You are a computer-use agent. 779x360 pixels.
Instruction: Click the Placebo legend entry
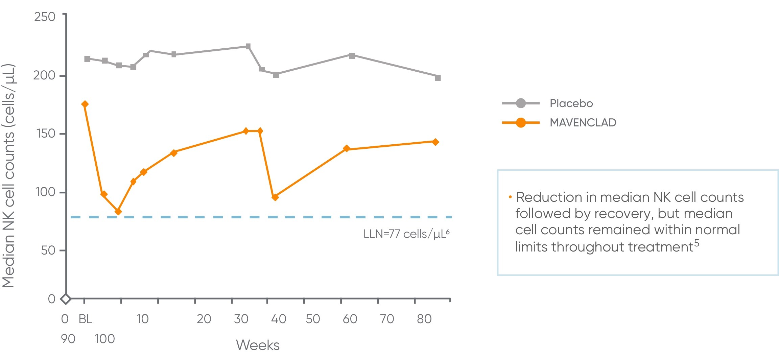[x=571, y=103]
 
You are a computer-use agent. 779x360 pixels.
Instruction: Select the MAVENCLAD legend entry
[x=583, y=122]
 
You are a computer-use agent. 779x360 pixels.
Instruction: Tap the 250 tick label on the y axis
[x=45, y=17]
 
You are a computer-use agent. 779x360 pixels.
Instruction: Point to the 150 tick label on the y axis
[x=46, y=134]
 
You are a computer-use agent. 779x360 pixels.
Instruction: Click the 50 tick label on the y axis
[x=48, y=250]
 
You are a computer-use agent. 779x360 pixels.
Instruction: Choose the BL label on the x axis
[x=85, y=319]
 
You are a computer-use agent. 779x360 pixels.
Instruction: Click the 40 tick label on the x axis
[x=279, y=319]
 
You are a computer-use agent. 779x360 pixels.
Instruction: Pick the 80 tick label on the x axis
[x=424, y=319]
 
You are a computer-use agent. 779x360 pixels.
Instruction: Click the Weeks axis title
[x=258, y=345]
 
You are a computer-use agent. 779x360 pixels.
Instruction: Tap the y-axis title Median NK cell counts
[x=8, y=176]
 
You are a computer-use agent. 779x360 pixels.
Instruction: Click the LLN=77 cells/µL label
[x=406, y=234]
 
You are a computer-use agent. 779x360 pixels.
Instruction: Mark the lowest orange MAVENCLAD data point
[x=118, y=212]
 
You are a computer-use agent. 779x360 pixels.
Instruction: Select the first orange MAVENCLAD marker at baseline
[x=85, y=104]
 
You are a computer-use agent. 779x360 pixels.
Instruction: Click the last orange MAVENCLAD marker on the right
[x=435, y=142]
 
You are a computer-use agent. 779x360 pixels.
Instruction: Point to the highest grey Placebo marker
[x=248, y=46]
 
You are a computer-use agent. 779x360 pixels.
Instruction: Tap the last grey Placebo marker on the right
[x=438, y=78]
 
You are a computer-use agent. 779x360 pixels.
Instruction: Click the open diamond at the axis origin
[x=66, y=299]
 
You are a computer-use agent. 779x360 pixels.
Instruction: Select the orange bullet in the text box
[x=510, y=197]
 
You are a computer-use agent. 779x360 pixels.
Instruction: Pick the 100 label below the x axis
[x=105, y=339]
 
